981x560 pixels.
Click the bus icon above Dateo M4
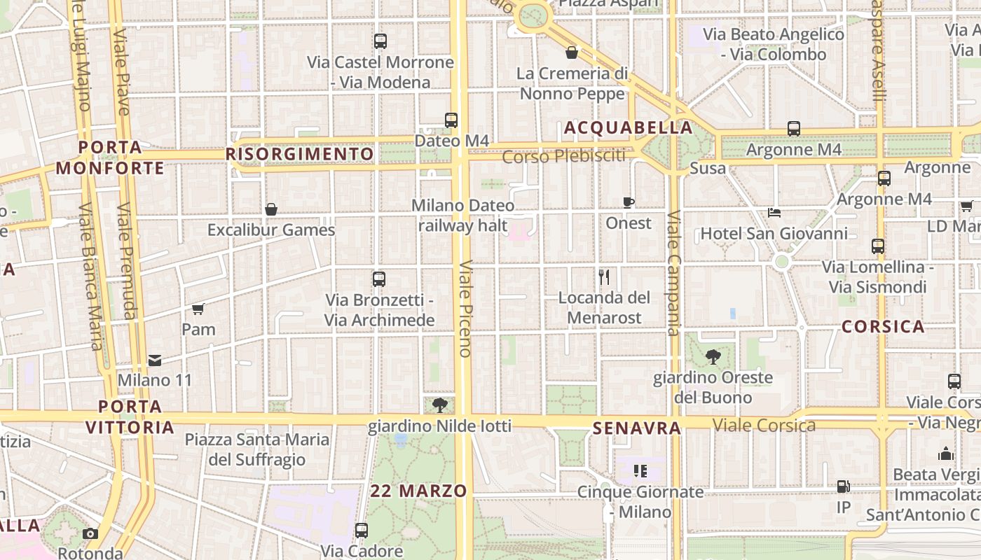(451, 120)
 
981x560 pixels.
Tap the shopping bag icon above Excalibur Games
(271, 209)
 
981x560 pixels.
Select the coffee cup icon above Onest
(629, 203)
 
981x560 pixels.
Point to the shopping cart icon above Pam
(198, 309)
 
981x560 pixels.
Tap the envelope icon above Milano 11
(155, 360)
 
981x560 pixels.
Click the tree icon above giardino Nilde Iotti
(440, 405)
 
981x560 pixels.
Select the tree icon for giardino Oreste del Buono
(713, 357)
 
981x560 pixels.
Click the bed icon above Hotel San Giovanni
(774, 213)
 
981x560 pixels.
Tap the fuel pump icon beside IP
(844, 486)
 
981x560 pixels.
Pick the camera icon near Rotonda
(90, 533)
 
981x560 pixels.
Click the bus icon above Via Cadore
(362, 531)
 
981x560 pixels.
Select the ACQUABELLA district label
(629, 128)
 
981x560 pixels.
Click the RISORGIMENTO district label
(300, 154)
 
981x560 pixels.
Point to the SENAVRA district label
(637, 428)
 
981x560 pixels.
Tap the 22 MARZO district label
(419, 491)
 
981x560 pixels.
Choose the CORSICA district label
(883, 326)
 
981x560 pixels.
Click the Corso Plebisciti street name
(564, 156)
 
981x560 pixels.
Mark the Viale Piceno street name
(465, 309)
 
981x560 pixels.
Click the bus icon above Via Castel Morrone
(380, 41)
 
